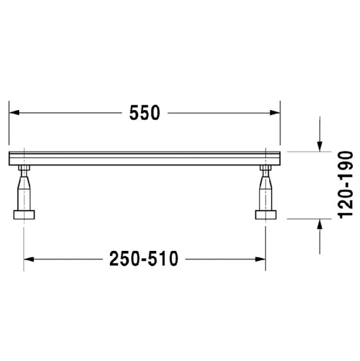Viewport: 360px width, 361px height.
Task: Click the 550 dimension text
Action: click(x=144, y=113)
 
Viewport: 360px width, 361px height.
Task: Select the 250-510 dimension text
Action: click(x=144, y=259)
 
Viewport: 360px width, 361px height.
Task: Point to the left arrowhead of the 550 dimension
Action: click(x=14, y=113)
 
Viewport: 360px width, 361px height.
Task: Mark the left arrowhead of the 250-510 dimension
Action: click(x=29, y=259)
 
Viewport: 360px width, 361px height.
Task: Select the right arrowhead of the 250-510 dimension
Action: click(x=260, y=259)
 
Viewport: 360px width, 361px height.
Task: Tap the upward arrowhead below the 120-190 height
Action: click(x=320, y=224)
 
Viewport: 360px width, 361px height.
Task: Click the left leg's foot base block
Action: click(x=24, y=215)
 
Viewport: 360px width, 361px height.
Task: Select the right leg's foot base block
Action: click(x=265, y=215)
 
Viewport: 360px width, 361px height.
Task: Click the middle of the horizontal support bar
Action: click(x=144, y=159)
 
